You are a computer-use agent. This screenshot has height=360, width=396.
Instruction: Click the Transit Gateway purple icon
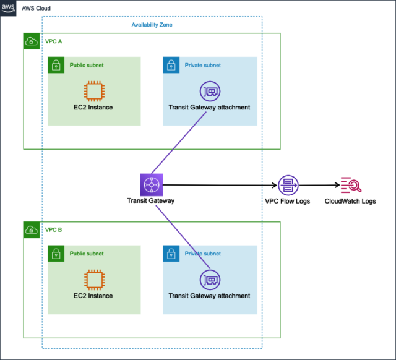(x=150, y=184)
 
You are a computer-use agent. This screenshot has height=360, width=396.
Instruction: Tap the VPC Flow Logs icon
(x=288, y=185)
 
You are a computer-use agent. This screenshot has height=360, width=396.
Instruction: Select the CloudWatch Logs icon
(x=350, y=185)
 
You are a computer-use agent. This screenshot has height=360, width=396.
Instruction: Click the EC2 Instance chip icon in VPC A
(x=93, y=92)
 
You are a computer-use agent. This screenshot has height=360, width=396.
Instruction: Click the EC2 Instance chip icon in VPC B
(x=93, y=280)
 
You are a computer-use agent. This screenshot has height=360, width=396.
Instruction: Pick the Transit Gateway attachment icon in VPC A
(x=209, y=92)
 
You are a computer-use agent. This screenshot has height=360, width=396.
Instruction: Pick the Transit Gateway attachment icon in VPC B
(x=209, y=280)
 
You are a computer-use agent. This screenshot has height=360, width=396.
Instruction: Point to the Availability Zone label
(x=152, y=25)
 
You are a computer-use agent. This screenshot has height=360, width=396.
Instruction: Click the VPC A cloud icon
(x=32, y=41)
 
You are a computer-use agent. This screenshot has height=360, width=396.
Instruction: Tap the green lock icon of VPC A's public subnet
(x=56, y=65)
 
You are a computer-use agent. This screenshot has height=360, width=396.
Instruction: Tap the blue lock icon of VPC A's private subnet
(x=171, y=65)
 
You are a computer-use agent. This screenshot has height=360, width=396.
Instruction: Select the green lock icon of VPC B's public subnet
(x=56, y=254)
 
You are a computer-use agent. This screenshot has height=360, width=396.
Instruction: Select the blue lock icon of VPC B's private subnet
(x=171, y=254)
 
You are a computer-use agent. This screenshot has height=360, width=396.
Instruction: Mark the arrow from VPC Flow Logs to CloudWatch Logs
(x=319, y=185)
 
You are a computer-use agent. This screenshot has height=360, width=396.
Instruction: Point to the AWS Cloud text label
(x=37, y=9)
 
